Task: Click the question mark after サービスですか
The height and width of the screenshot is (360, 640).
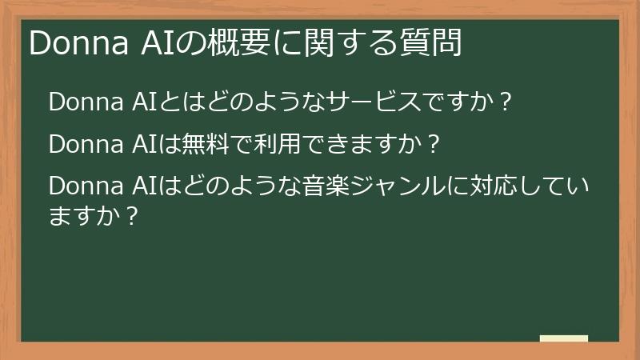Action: [504, 104]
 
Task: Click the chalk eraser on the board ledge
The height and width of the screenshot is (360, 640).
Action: [564, 339]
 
